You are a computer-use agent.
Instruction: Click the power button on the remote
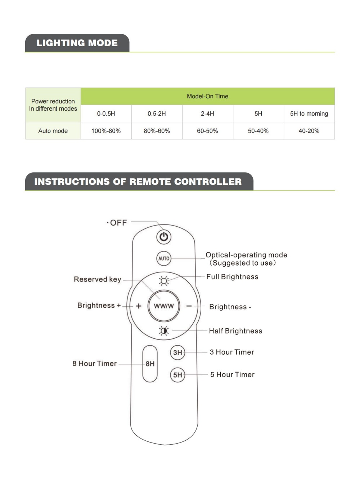[x=164, y=237]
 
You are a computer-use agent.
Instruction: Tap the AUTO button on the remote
[x=164, y=258]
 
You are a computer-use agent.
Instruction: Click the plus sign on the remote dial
[x=139, y=306]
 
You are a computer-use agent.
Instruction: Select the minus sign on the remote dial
[x=189, y=306]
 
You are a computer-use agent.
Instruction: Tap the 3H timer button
[x=177, y=352]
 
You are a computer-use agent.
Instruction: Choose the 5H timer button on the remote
[x=177, y=375]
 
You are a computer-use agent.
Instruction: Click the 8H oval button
[x=150, y=364]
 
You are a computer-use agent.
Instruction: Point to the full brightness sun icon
[x=164, y=280]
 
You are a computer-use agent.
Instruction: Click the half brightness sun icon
[x=164, y=330]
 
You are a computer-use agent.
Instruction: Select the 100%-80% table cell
[x=106, y=131]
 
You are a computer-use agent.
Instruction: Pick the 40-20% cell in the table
[x=309, y=131]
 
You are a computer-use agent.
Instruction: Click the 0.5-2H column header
[x=157, y=114]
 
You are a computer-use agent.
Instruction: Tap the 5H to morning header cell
[x=309, y=114]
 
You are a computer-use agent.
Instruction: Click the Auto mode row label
[x=53, y=131]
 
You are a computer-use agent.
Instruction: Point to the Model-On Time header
[x=207, y=96]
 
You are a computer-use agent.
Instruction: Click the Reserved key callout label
[x=97, y=279]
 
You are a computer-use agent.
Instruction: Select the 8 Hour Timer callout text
[x=94, y=364]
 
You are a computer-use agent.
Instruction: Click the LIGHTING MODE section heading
[x=77, y=43]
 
